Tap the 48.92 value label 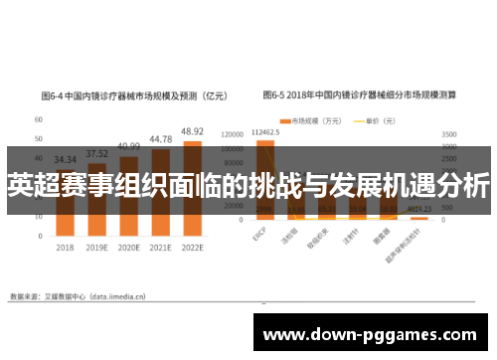191,131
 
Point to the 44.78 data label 161,139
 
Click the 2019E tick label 96,248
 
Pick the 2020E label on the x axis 128,248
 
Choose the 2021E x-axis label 161,248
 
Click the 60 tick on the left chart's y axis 38,119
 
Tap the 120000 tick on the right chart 231,132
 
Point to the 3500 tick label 449,132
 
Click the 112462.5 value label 264,131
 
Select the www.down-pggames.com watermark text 373,335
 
